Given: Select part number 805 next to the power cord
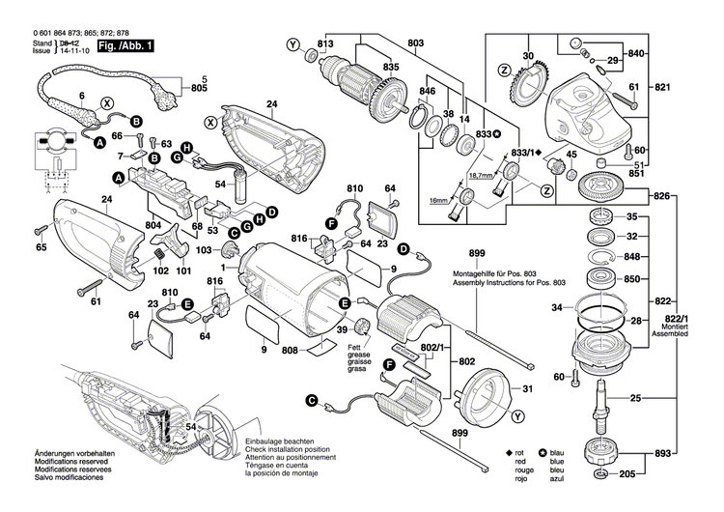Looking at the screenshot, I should click(x=200, y=89).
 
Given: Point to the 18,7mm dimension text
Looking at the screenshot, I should click(x=478, y=177).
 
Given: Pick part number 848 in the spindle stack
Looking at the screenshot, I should click(x=632, y=257).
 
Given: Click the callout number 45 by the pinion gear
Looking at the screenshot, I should click(x=571, y=155).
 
